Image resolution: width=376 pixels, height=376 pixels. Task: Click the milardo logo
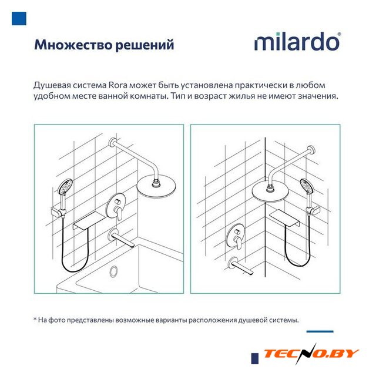(297, 42)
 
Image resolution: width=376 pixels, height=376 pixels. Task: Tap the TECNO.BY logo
(311, 354)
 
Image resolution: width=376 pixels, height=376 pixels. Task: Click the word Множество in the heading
(73, 45)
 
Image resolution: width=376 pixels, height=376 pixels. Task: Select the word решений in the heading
(145, 45)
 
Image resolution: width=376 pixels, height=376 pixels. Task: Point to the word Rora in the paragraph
(119, 85)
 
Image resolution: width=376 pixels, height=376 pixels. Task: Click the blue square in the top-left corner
(19, 18)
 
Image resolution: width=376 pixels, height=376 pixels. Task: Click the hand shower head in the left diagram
(65, 186)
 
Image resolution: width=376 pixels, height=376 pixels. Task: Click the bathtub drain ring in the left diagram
(113, 271)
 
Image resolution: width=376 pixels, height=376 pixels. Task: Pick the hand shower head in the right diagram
(307, 186)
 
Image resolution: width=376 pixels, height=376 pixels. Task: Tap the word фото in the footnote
(57, 320)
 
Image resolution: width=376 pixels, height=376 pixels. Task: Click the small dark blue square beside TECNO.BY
(255, 359)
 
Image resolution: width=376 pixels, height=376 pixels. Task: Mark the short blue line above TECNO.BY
(320, 331)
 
